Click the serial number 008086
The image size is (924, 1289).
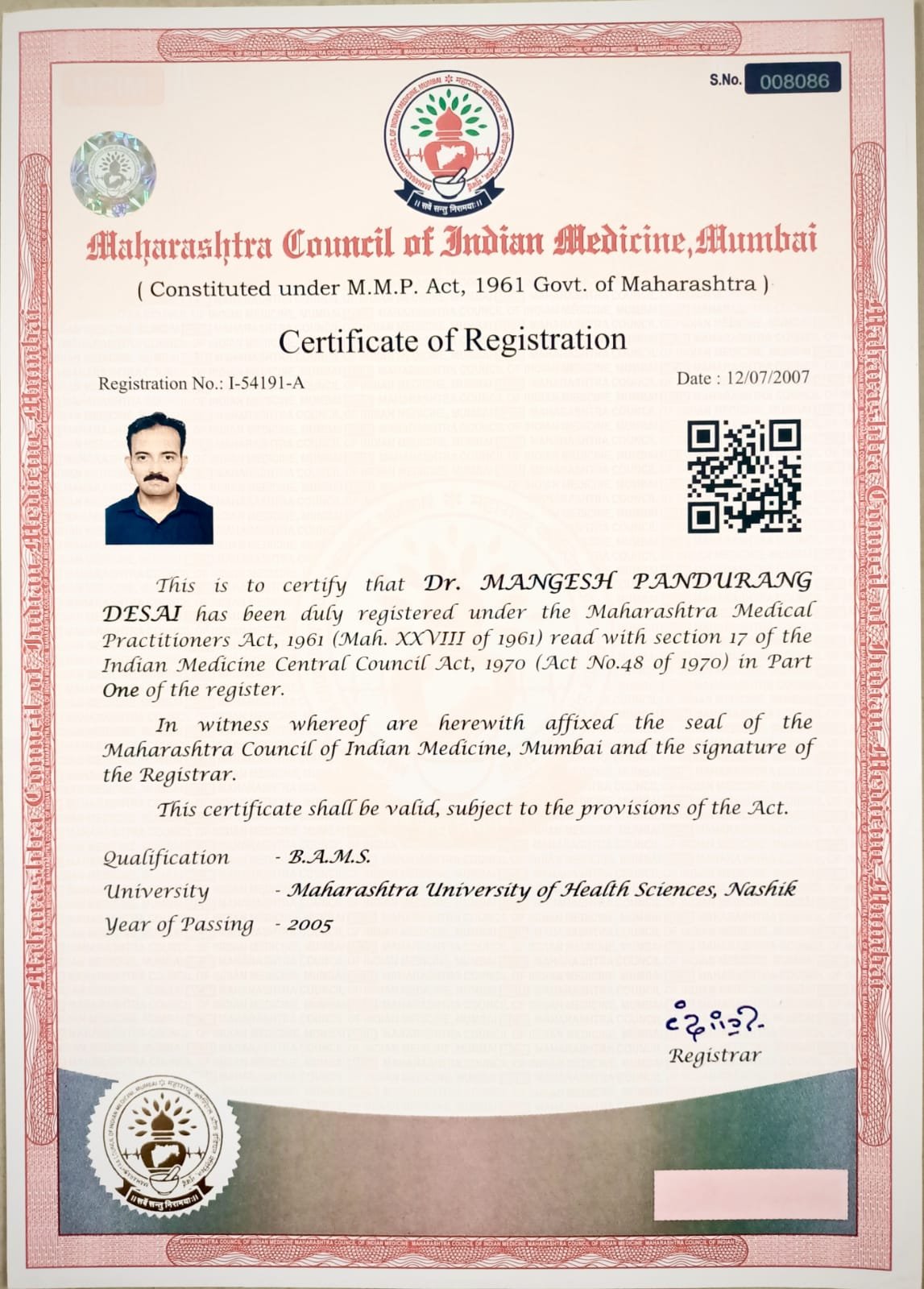789,81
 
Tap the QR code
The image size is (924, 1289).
744,478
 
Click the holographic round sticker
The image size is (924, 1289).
113,175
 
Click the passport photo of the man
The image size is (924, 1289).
159,478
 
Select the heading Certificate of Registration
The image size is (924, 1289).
452,340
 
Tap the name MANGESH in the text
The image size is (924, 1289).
540,582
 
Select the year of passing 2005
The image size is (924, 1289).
310,925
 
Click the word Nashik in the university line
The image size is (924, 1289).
761,889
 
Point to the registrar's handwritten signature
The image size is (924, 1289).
715,1022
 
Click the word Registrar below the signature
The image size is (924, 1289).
715,1055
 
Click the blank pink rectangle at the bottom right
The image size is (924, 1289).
751,1194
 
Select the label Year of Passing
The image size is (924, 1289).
179,925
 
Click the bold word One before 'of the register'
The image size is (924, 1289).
121,690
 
